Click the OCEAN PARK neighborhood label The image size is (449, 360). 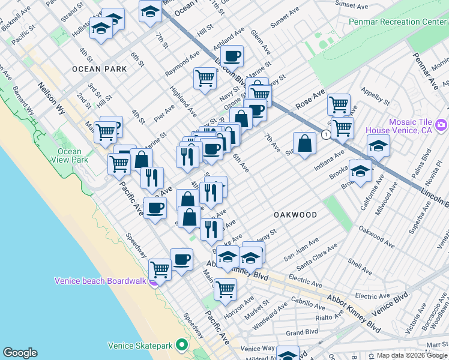(x=100, y=69)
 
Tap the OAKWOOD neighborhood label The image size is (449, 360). (x=295, y=214)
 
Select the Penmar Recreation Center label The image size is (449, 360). (x=398, y=22)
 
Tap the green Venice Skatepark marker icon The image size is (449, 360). (x=181, y=346)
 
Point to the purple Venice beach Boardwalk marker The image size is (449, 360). (x=154, y=281)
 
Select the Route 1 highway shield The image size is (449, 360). (x=325, y=134)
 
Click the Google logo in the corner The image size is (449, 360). (x=20, y=353)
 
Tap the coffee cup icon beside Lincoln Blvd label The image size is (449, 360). (x=231, y=57)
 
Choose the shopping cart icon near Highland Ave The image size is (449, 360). (x=205, y=78)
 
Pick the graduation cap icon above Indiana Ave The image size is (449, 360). (x=378, y=146)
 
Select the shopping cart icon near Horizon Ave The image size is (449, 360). (x=225, y=289)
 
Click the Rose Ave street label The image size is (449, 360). (x=309, y=99)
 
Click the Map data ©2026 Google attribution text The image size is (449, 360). (x=412, y=355)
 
